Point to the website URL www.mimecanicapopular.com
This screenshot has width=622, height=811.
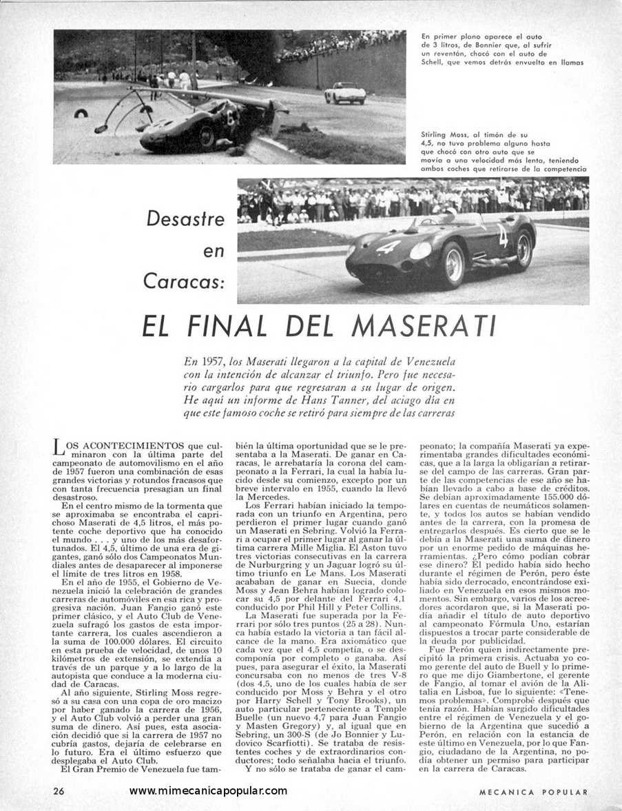point(207,791)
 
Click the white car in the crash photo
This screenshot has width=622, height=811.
point(344,92)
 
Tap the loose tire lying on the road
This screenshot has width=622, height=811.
point(81,112)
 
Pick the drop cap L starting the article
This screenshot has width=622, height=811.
point(59,449)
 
